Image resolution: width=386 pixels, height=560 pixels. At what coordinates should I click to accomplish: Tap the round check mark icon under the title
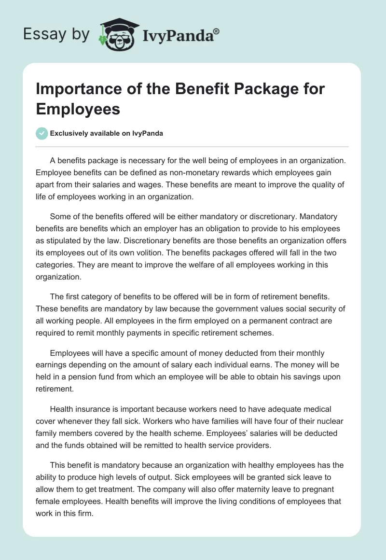pos(42,133)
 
